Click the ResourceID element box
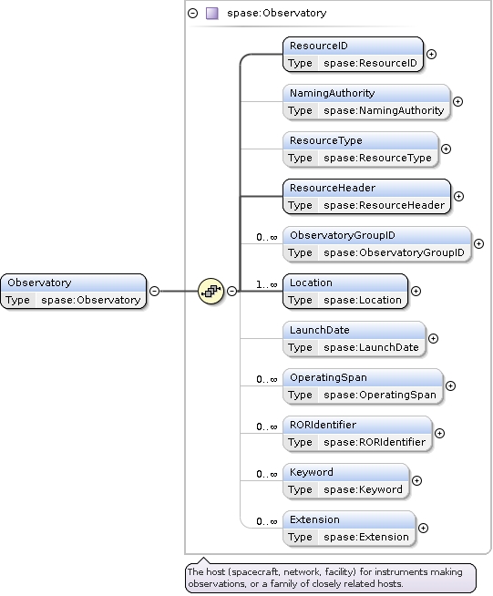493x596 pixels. point(353,54)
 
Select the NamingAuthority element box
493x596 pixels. point(366,101)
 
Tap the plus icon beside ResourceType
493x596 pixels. point(446,149)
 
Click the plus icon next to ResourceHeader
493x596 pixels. point(458,196)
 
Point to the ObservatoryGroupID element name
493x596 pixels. point(343,235)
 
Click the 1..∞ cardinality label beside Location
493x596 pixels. point(266,284)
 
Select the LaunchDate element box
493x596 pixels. point(354,338)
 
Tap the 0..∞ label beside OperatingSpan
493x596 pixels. point(266,379)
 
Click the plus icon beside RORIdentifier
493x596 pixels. point(439,433)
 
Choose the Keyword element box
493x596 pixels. point(346,481)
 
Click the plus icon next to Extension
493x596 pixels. point(423,528)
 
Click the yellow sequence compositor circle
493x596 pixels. point(211,291)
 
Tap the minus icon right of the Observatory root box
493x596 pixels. point(154,291)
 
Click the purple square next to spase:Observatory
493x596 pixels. point(211,14)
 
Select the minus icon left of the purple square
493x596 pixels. point(192,14)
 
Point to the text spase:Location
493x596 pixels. point(363,300)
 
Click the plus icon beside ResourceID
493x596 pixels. point(431,54)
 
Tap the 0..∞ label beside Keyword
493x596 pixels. point(266,474)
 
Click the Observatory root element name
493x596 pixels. point(39,283)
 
